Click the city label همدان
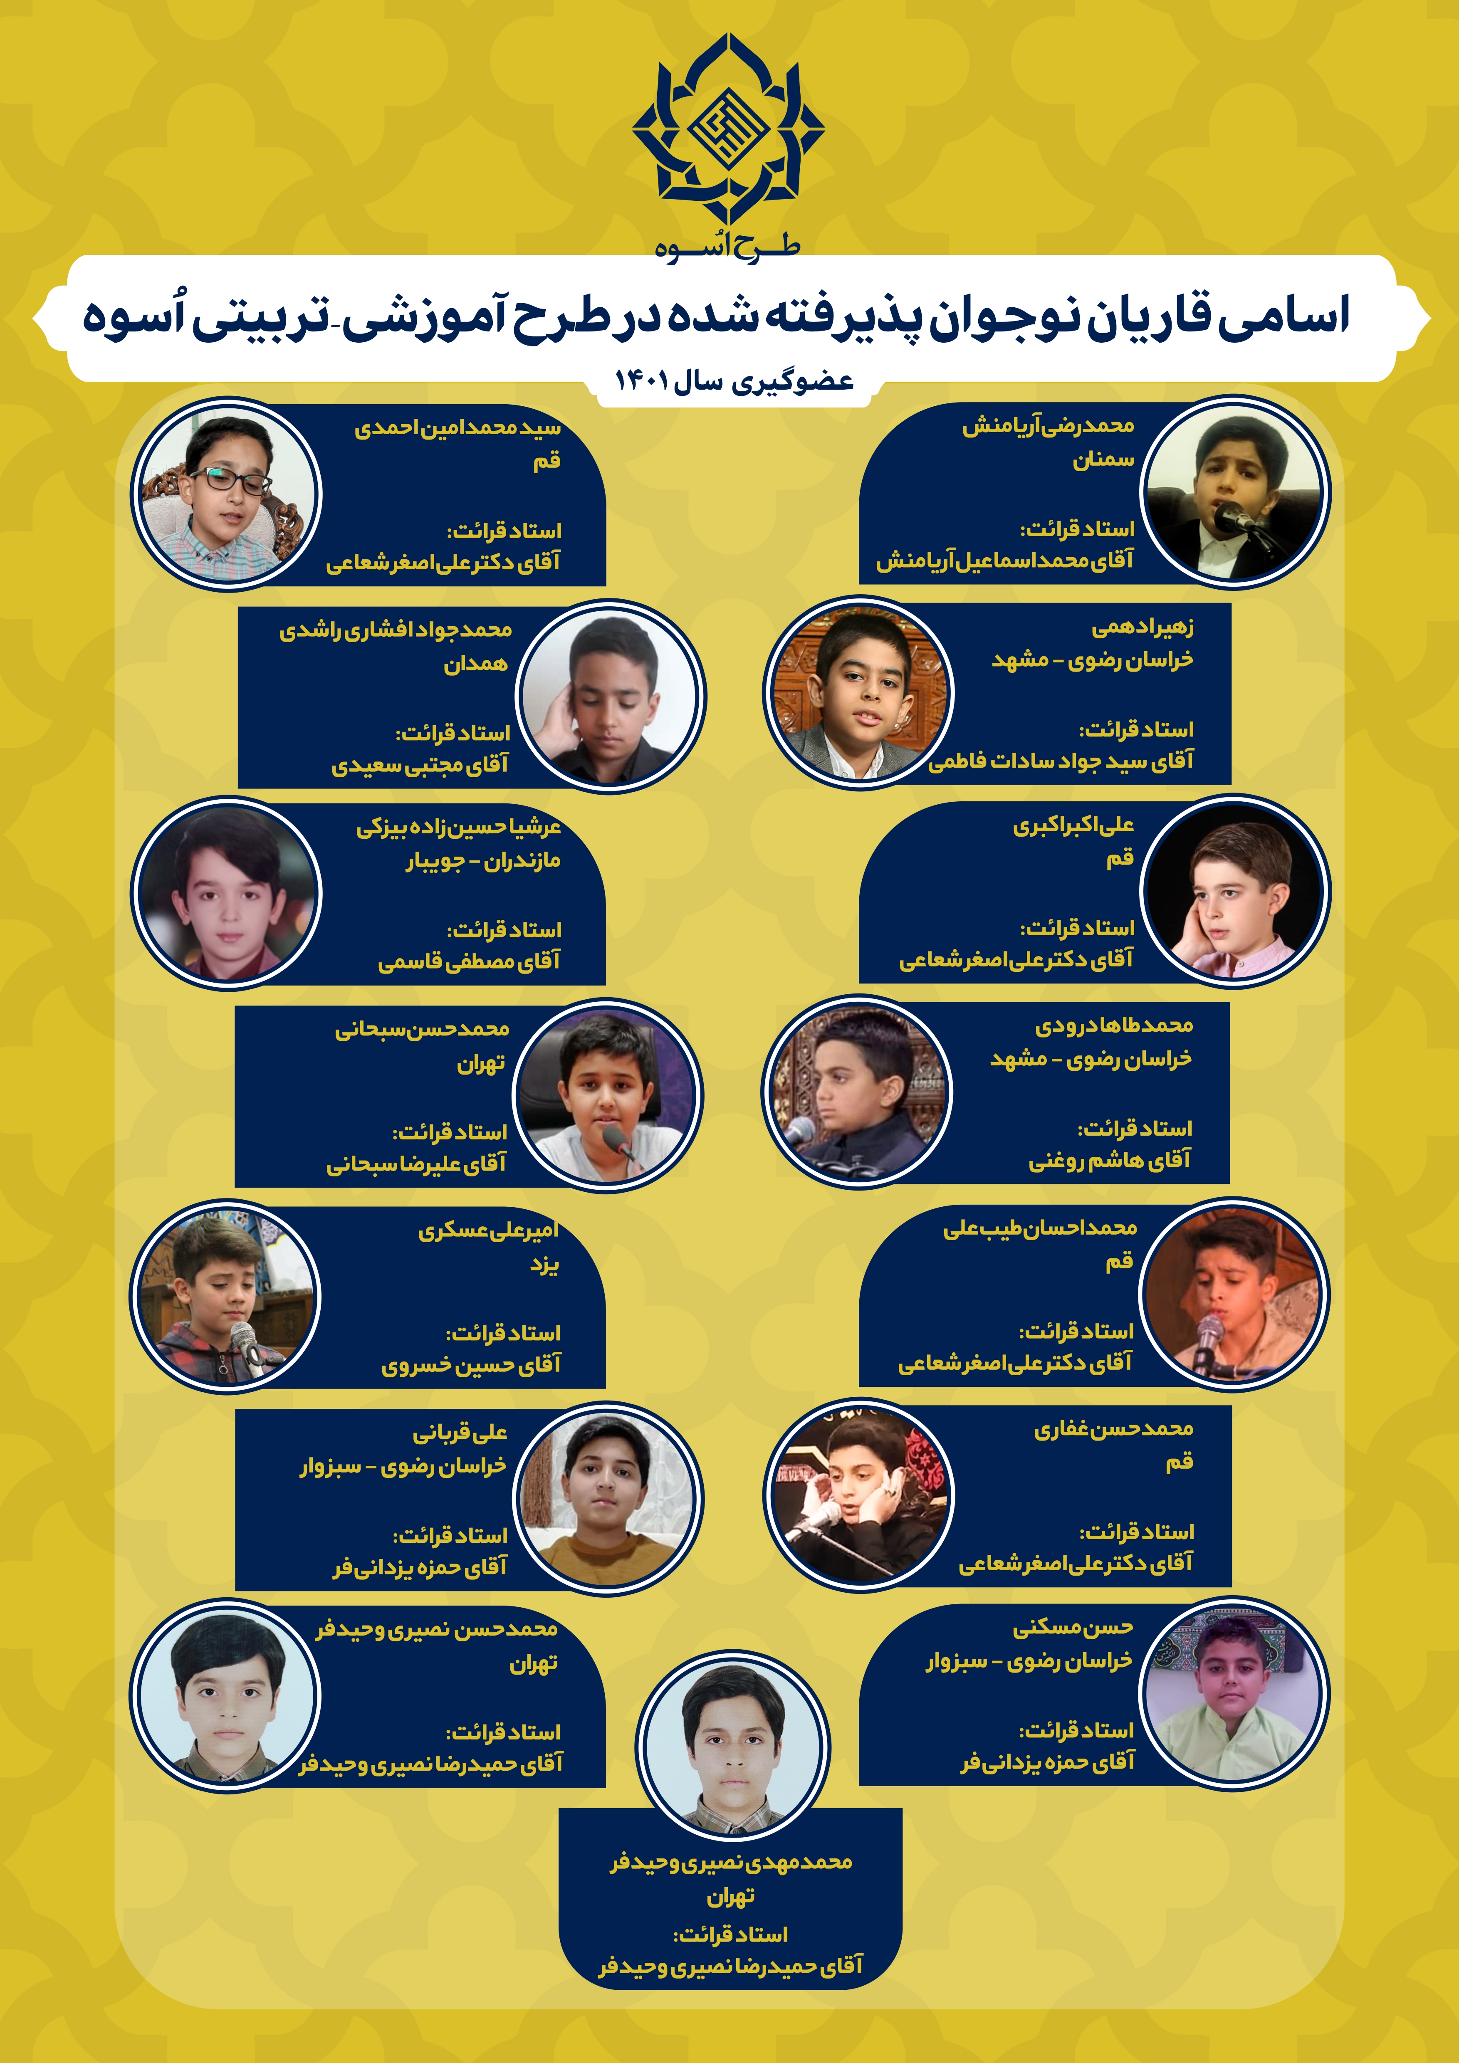[x=475, y=665]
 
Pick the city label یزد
[x=544, y=1265]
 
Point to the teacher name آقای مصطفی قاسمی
[x=469, y=962]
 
